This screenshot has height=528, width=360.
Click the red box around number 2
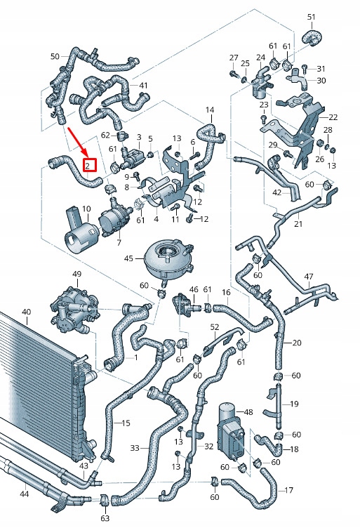pyautogui.click(x=89, y=166)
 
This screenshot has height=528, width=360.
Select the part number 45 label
pyautogui.click(x=128, y=258)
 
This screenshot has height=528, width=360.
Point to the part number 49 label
pyautogui.click(x=76, y=274)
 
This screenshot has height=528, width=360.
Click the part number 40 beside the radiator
pyautogui.click(x=26, y=312)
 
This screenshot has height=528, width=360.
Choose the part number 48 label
pyautogui.click(x=247, y=412)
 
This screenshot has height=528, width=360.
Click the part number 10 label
pyautogui.click(x=86, y=209)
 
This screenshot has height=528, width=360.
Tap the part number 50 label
pyautogui.click(x=55, y=56)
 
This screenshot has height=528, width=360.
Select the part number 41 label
pyautogui.click(x=143, y=86)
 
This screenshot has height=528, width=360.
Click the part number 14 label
pyautogui.click(x=209, y=110)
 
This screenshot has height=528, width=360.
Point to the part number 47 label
pyautogui.click(x=308, y=277)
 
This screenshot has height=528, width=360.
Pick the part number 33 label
pyautogui.click(x=135, y=447)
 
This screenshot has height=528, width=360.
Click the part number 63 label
pyautogui.click(x=105, y=519)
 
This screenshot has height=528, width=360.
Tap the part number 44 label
pyautogui.click(x=24, y=494)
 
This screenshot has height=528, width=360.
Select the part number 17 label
pyautogui.click(x=289, y=489)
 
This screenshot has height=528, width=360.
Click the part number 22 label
pyautogui.click(x=333, y=117)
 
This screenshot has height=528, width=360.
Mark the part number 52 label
pyautogui.click(x=215, y=327)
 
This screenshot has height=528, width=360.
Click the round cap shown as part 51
pyautogui.click(x=309, y=37)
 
